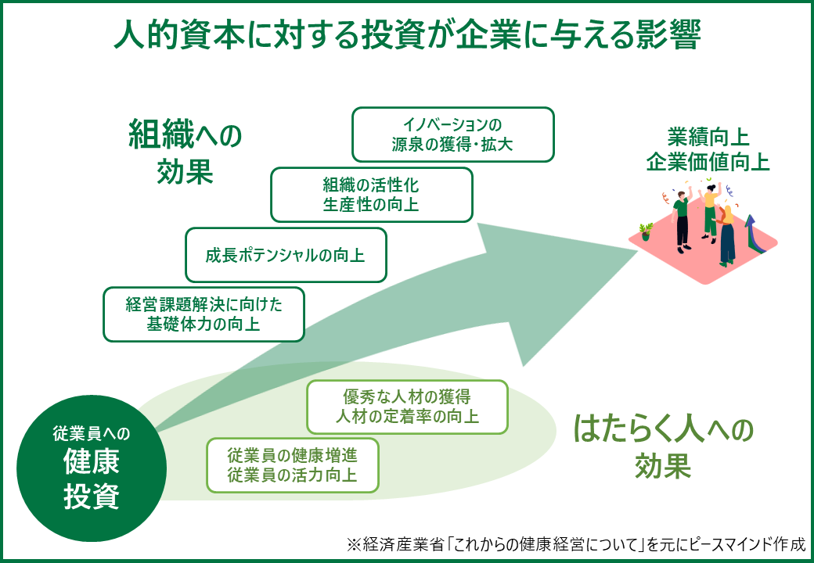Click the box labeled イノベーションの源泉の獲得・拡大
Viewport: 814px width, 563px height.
[x=452, y=134]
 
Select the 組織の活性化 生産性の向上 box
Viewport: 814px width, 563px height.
[x=372, y=195]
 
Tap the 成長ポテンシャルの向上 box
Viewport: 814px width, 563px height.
[x=286, y=255]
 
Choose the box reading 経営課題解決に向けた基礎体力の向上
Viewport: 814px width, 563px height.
[x=203, y=314]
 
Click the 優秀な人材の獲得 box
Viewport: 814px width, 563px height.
[x=407, y=407]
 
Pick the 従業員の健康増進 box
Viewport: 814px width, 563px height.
[x=292, y=465]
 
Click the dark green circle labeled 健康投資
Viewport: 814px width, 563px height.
[x=92, y=468]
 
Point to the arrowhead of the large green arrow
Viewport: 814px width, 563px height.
[x=637, y=252]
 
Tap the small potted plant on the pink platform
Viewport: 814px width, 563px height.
[x=646, y=231]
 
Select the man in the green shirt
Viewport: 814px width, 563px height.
[x=682, y=221]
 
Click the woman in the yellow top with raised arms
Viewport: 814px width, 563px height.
[x=710, y=211]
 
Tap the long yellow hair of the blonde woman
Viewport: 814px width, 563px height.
[x=728, y=214]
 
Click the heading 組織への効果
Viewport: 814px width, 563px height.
[x=185, y=151]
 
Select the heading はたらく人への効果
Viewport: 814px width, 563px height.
[x=663, y=446]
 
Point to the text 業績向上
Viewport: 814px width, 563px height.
[x=708, y=138]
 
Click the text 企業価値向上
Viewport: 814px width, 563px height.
[x=708, y=163]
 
